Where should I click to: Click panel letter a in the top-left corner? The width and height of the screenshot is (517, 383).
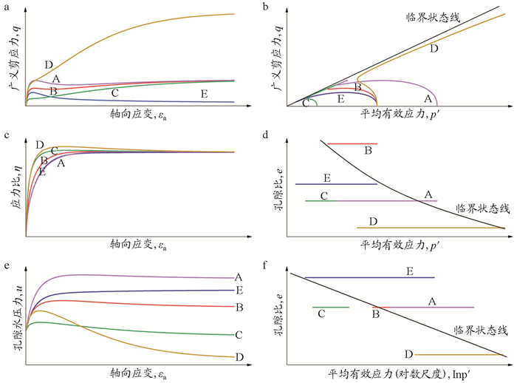(x=6, y=7)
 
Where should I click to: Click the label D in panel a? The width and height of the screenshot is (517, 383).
(x=49, y=65)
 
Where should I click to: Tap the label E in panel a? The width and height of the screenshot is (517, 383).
(x=203, y=94)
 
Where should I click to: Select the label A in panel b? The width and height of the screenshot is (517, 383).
(x=426, y=98)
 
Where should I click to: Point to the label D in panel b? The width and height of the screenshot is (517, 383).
(x=434, y=48)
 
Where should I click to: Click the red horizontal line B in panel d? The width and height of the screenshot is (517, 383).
(x=352, y=143)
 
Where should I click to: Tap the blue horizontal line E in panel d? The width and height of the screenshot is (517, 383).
(x=336, y=183)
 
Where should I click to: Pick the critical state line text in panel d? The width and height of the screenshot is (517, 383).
(x=482, y=209)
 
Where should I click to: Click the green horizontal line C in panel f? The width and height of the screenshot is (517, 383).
(x=331, y=306)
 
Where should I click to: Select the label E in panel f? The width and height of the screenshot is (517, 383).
(x=409, y=272)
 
